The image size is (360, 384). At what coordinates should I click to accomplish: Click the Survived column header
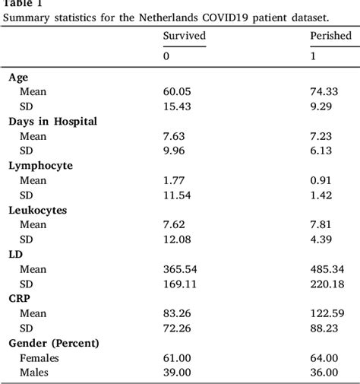pyautogui.click(x=184, y=36)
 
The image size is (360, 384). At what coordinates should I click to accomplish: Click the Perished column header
pyautogui.click(x=330, y=36)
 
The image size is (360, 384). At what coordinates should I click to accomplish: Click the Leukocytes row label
pyautogui.click(x=36, y=208)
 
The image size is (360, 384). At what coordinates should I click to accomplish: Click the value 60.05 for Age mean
pyautogui.click(x=176, y=91)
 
